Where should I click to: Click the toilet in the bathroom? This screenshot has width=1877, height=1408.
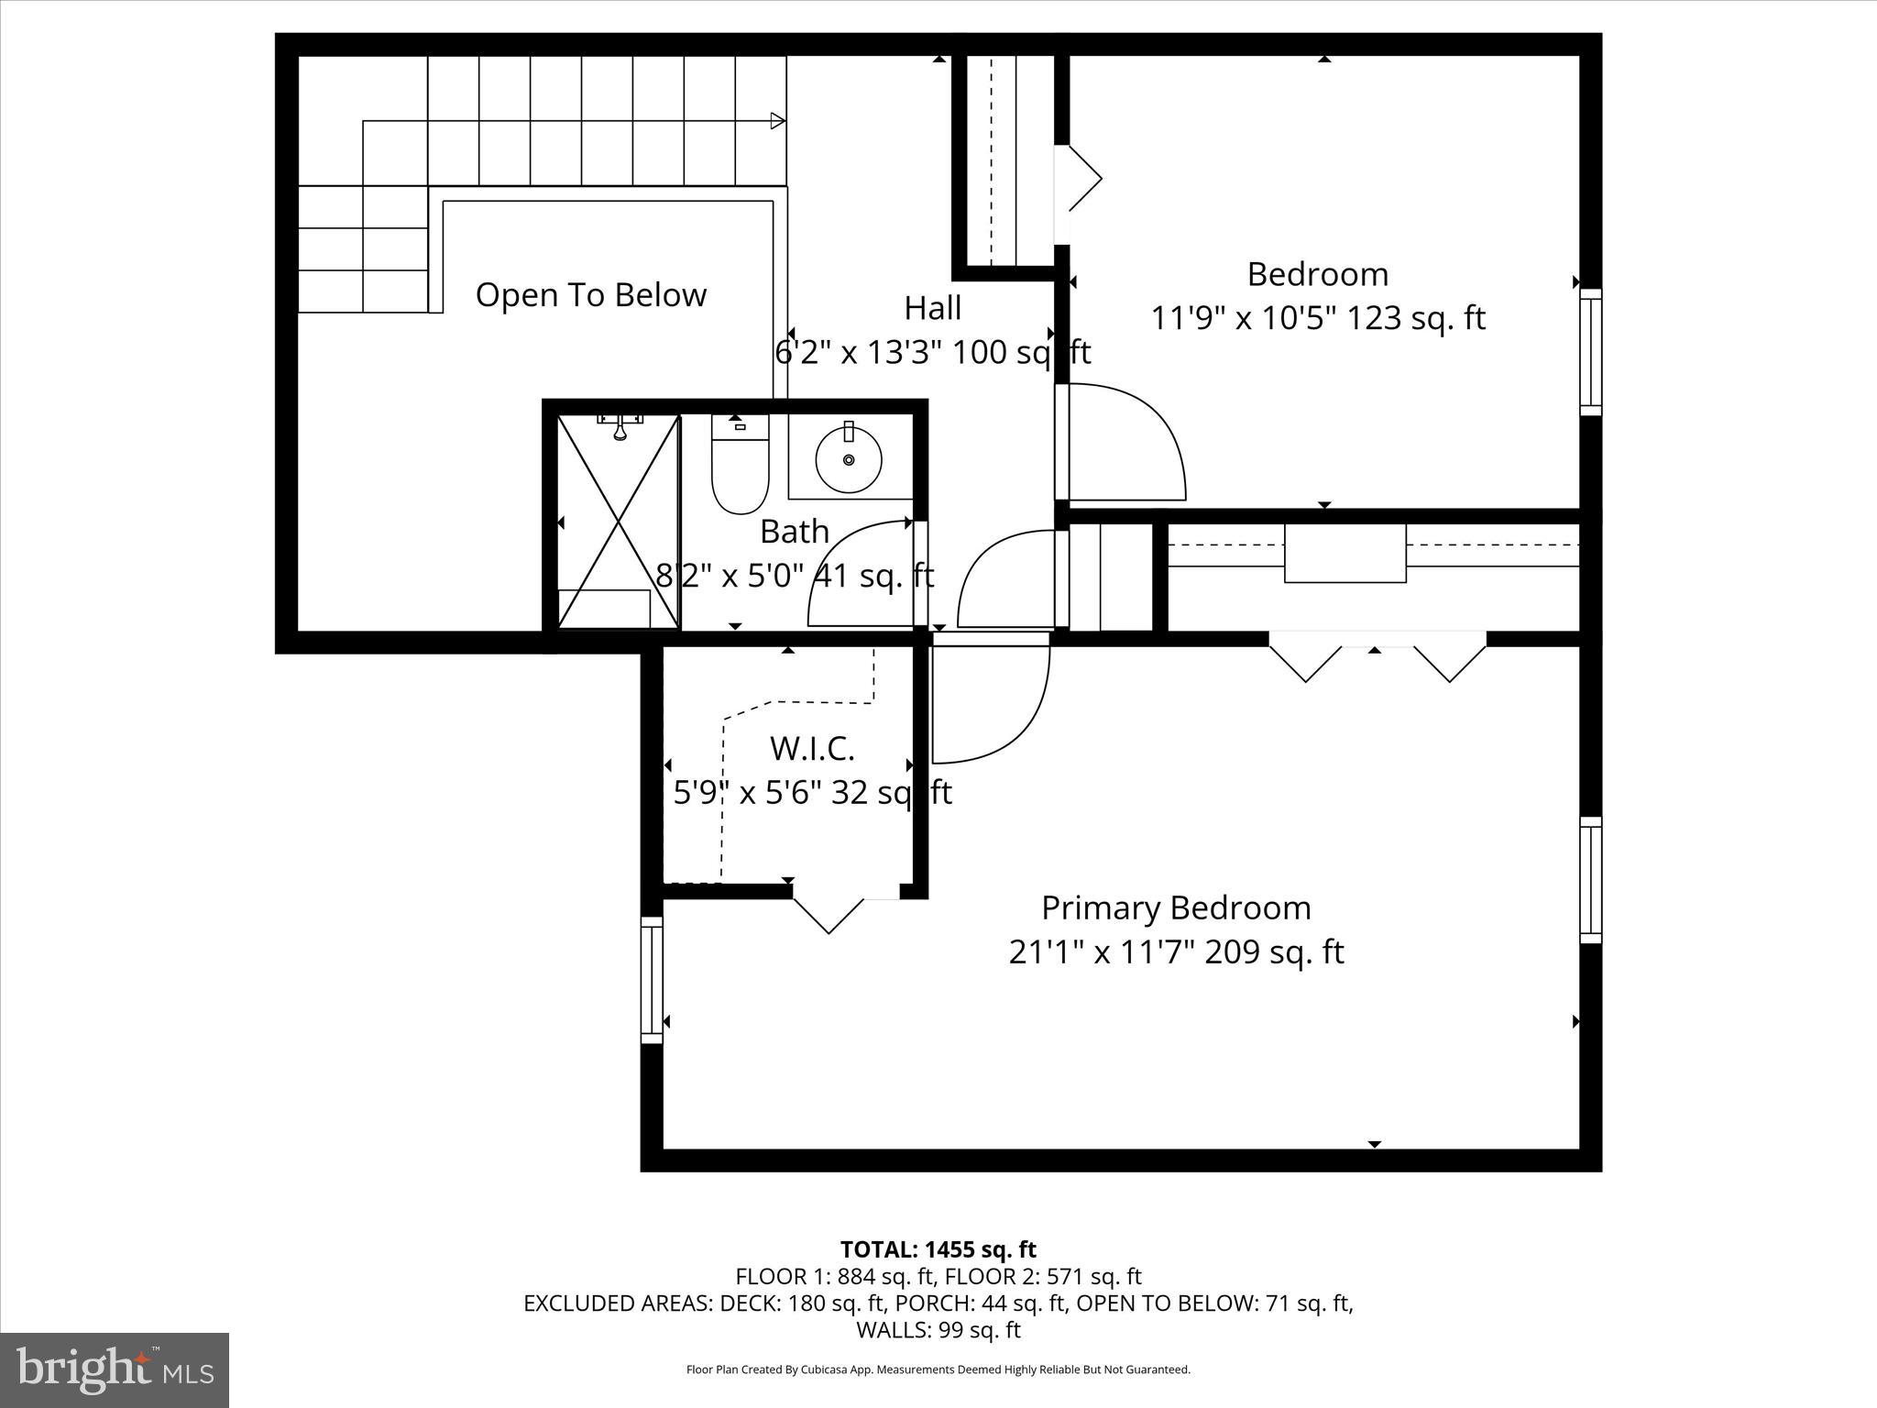[740, 466]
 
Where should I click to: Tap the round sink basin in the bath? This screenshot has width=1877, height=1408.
[849, 458]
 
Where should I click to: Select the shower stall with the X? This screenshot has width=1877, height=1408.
[619, 522]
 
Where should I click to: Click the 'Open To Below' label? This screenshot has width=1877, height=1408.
[591, 295]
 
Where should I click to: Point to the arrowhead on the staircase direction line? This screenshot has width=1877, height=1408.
[778, 121]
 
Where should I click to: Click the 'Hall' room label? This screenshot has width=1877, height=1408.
[933, 308]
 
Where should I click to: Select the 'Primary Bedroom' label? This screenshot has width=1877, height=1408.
[1176, 907]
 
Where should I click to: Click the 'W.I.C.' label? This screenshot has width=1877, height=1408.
[812, 748]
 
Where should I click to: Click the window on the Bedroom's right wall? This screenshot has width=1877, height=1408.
[1590, 352]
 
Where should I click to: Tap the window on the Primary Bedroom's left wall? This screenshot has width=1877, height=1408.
[651, 979]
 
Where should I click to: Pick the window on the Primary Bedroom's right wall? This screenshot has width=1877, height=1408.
[1590, 880]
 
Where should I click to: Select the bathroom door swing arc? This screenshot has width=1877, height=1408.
[857, 573]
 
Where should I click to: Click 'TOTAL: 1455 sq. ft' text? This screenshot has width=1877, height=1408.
[938, 1249]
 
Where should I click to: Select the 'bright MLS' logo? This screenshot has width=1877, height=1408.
[115, 1370]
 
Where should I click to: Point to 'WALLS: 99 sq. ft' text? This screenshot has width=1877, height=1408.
[938, 1329]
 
